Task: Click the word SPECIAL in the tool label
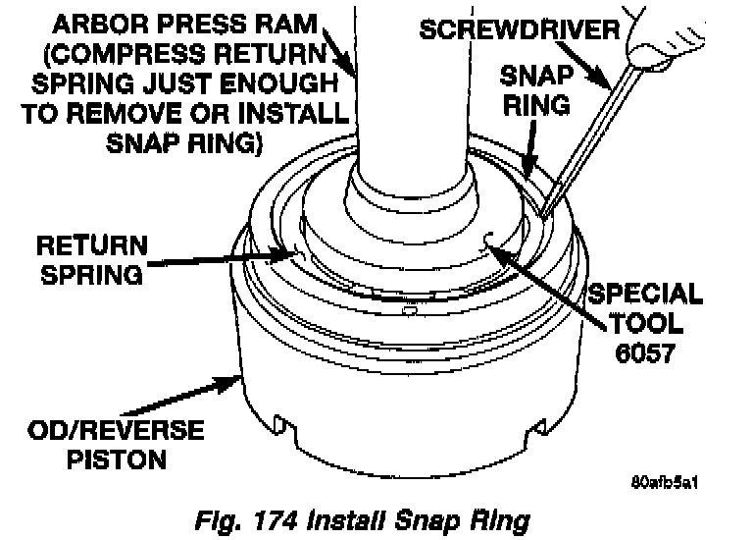tap(643, 294)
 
